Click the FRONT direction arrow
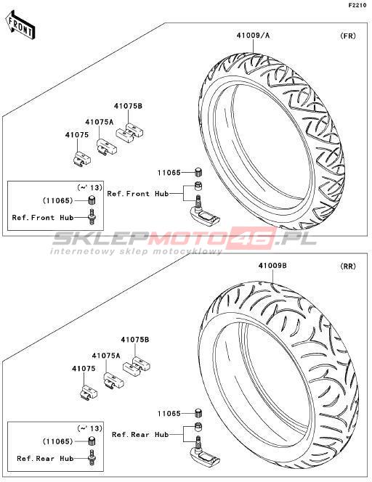click(20, 25)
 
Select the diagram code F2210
click(357, 5)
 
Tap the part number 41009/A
click(253, 36)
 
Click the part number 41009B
click(272, 265)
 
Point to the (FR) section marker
click(348, 36)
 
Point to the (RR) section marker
click(348, 266)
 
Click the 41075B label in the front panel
click(128, 106)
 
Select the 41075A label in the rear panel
click(106, 356)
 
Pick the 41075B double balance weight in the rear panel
click(137, 365)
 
